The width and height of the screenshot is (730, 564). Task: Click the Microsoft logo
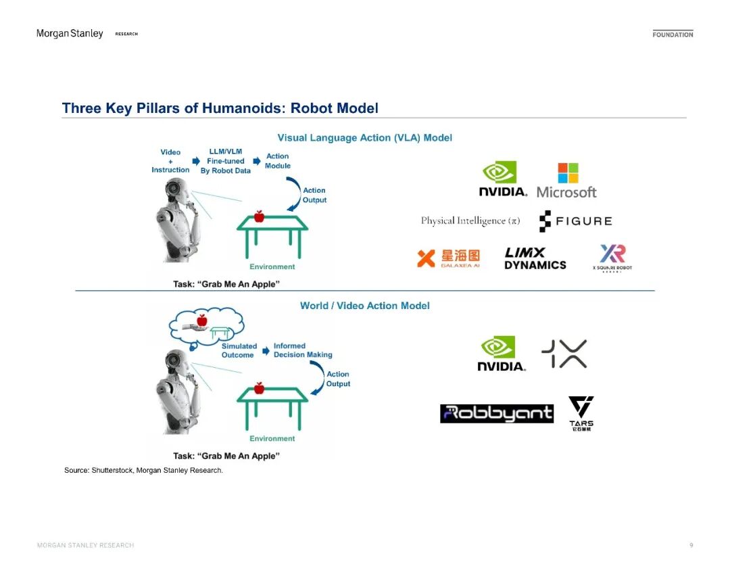(566, 181)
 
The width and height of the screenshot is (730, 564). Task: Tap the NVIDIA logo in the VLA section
(502, 179)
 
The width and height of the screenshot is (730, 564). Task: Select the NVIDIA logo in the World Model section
(501, 354)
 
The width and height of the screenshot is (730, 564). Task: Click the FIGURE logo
(575, 221)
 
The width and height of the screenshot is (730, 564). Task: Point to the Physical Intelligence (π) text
(470, 221)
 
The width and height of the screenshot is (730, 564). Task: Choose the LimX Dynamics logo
(535, 258)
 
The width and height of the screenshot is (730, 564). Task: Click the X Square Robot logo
(612, 258)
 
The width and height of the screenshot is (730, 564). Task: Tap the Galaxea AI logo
(448, 258)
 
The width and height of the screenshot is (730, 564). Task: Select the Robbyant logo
(496, 413)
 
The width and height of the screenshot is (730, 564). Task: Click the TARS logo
(581, 413)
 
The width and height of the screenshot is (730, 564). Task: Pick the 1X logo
(564, 354)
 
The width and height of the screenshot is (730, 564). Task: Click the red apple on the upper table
(258, 216)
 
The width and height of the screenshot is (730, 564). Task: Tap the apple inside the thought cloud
(201, 320)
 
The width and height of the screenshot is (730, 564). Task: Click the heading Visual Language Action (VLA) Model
(364, 138)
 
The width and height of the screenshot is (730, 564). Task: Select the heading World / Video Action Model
(364, 306)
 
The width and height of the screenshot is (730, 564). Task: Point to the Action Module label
(277, 161)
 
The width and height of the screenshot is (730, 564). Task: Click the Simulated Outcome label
(239, 350)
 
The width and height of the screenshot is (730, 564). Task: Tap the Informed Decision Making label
(302, 350)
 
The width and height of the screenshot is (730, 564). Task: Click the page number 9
(691, 545)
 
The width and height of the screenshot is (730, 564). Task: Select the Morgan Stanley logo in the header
(70, 34)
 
